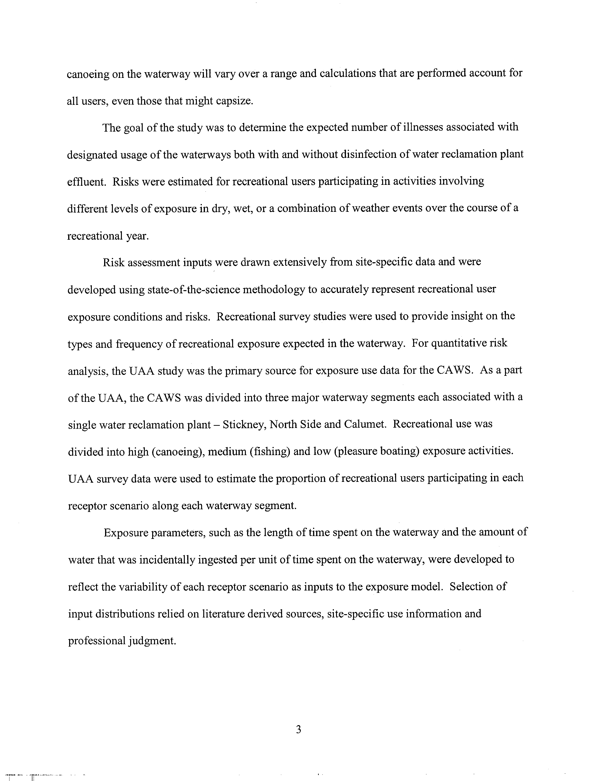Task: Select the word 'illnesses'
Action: [x=428, y=127]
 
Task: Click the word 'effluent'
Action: [x=86, y=182]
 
